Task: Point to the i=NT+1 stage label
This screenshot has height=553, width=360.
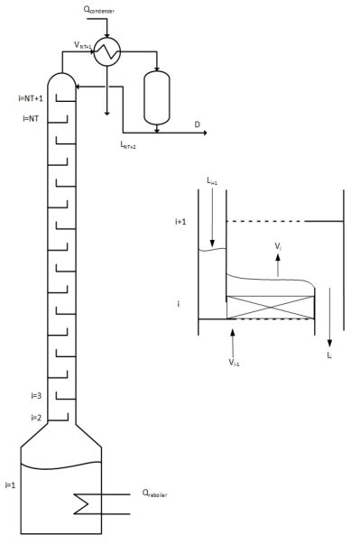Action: [x=31, y=97]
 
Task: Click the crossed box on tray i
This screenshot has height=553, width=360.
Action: [x=270, y=306]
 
